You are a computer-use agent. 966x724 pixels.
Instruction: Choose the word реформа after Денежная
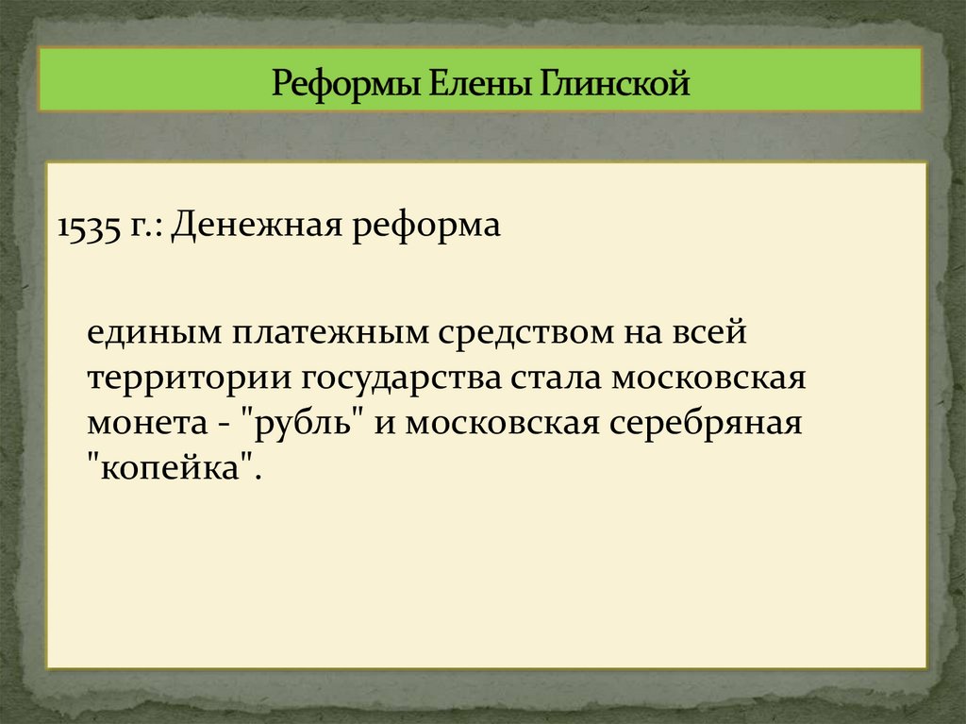(x=426, y=227)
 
